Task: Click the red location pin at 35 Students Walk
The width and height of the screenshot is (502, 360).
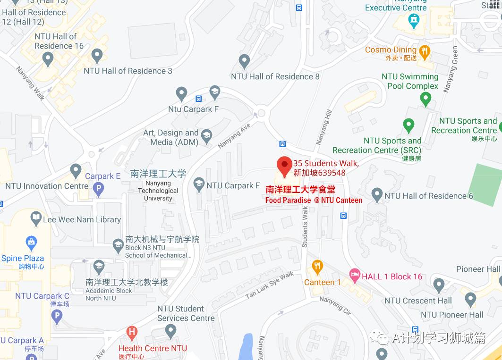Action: coord(284,165)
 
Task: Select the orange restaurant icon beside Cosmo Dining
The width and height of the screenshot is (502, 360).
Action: coord(425,51)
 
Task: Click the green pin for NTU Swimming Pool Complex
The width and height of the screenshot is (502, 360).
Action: coord(425,98)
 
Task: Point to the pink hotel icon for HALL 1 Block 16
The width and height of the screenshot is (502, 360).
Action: coord(355,274)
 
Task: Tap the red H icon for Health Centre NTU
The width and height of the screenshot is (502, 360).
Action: coord(132,333)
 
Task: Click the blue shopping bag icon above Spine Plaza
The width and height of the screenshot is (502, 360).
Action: coord(32,243)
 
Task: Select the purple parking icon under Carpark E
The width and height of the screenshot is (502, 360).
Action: coord(98,190)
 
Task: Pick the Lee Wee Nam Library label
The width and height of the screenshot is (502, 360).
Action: coord(82,219)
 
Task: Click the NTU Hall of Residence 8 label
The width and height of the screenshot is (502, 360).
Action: coord(275,76)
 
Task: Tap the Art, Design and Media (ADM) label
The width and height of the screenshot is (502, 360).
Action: coord(170,137)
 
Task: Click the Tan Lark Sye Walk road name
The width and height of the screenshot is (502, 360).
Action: coord(269,285)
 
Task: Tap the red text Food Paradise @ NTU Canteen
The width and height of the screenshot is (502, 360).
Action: coord(314,201)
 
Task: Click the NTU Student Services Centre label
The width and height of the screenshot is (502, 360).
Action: coord(186,313)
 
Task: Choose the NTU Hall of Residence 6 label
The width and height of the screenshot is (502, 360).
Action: coord(428,196)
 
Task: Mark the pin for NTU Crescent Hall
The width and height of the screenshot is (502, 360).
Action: coord(439,285)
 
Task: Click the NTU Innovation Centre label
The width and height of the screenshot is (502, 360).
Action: coord(47,186)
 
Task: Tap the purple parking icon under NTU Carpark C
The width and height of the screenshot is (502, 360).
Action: coord(57,316)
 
